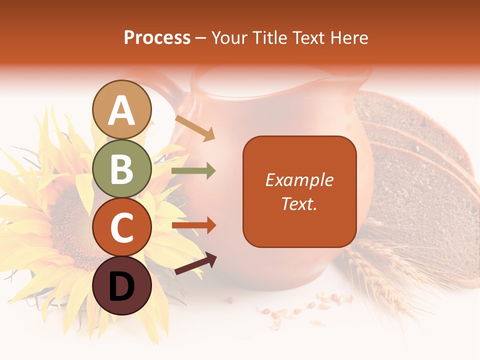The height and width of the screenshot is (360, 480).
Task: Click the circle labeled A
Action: coord(122,110)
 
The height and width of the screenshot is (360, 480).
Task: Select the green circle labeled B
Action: coord(122,169)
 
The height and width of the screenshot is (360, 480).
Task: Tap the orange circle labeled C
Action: coord(122,227)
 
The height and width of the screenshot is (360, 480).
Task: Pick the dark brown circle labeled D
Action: coord(122,286)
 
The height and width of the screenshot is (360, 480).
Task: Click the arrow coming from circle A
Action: coord(195,128)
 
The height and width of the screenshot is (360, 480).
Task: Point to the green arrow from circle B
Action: coord(193,171)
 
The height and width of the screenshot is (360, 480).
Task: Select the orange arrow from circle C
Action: coord(193,225)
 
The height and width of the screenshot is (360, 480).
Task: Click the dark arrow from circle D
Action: coord(195,263)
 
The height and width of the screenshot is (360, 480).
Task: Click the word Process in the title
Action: coord(157,37)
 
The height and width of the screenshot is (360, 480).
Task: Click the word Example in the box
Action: coord(299,180)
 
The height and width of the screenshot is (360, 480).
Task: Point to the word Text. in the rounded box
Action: coord(299,203)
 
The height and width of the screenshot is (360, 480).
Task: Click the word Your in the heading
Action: coord(228,37)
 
